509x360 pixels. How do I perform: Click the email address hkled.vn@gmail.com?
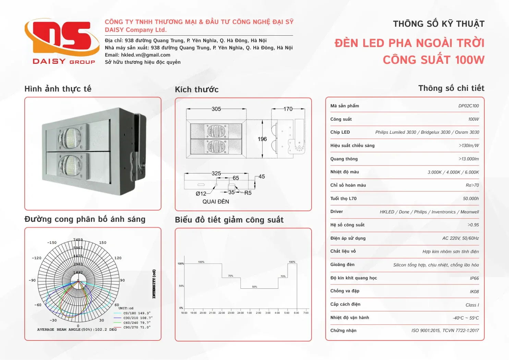point(146,55)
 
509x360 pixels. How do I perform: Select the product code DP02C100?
point(468,106)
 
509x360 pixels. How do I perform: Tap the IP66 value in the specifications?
point(474,278)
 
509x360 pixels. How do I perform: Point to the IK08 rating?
point(474,292)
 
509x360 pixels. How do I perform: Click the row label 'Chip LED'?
point(340,132)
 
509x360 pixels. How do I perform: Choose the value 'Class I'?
point(472,305)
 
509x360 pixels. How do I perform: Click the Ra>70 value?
point(472,185)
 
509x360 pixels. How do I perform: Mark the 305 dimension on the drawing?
point(216,109)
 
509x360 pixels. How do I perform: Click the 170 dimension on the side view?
point(288,109)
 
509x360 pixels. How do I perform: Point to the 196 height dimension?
point(262,139)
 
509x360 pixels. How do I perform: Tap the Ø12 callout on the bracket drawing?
point(201,194)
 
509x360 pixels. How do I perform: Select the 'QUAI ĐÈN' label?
point(216,202)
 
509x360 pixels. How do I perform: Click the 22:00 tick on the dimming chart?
point(222,313)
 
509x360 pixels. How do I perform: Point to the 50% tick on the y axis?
point(181,286)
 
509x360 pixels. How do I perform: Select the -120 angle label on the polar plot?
point(37,258)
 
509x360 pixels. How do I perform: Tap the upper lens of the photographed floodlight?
point(71,138)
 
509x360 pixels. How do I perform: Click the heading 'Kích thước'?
point(197,89)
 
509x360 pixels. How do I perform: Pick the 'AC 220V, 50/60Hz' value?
point(460,238)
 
